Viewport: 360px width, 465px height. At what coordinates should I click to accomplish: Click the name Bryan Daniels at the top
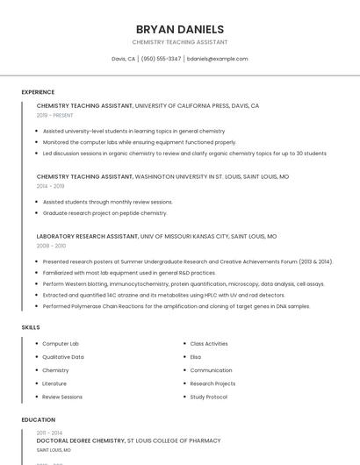180,29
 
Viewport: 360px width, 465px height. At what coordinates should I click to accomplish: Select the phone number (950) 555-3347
161,59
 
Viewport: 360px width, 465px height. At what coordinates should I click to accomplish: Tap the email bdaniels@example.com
218,59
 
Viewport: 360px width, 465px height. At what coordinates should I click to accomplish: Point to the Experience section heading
38,92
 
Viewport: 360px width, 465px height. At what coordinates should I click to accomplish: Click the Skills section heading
31,327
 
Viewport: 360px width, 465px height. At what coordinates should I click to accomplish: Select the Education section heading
39,419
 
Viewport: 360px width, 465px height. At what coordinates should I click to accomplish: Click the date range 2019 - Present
55,115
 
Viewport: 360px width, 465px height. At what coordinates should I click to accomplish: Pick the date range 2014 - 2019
51,186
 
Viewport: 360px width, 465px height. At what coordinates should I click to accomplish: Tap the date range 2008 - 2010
51,246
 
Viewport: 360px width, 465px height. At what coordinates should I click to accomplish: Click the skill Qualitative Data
63,357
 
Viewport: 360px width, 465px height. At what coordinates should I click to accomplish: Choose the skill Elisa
195,357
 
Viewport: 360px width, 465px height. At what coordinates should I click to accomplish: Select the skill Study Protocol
209,397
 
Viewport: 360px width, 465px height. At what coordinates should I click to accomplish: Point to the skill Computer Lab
61,344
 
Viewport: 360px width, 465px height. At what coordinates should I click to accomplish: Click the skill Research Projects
212,383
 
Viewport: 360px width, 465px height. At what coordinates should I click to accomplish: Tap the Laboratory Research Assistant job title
88,236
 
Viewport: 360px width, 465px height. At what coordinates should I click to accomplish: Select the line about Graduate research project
104,213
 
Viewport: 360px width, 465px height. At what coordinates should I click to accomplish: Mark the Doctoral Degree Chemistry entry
81,440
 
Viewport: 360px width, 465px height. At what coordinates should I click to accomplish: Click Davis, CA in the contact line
123,59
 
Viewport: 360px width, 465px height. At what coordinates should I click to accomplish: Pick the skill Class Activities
209,344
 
